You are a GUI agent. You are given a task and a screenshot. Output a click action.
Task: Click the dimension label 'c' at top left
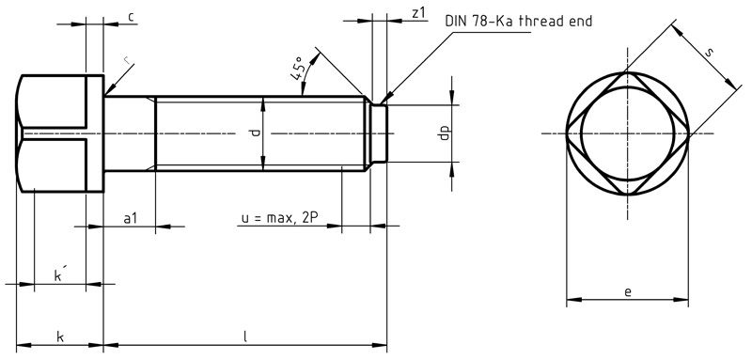click(x=131, y=17)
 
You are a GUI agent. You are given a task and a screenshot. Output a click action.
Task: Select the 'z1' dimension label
click(x=419, y=12)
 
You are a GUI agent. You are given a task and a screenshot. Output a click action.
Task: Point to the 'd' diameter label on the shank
click(x=253, y=133)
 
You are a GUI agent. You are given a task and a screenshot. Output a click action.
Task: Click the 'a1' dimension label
click(x=131, y=218)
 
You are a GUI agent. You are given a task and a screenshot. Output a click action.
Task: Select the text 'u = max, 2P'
click(x=279, y=218)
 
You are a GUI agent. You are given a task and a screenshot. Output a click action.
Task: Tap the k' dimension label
click(x=59, y=275)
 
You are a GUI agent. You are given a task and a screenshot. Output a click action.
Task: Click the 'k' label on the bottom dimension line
click(x=60, y=337)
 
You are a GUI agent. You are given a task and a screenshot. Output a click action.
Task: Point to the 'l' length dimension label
click(x=245, y=337)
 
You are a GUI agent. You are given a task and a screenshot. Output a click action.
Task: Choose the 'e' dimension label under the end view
click(x=627, y=292)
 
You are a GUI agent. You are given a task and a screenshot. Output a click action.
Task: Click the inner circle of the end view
click(x=627, y=133)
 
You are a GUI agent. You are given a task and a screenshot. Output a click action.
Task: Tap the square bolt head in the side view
click(x=61, y=133)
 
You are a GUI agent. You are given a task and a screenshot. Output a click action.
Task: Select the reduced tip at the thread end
click(x=379, y=133)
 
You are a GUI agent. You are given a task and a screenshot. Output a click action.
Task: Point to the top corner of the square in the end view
click(x=627, y=72)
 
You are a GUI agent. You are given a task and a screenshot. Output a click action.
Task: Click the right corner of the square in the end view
click(x=689, y=133)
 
